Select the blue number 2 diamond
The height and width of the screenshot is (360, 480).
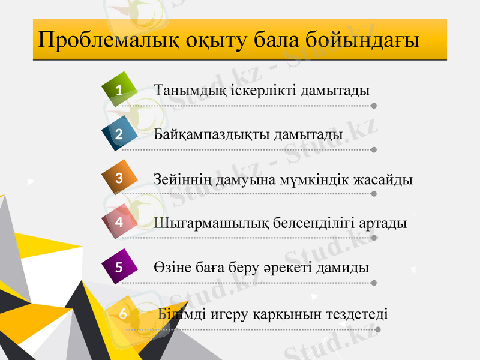tap(119, 133)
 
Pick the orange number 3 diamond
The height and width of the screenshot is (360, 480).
tap(119, 178)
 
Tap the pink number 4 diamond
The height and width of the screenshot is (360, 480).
tap(119, 221)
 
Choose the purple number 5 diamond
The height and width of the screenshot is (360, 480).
tap(119, 266)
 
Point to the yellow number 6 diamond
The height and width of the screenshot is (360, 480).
tap(123, 313)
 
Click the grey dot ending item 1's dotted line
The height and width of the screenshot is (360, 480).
tap(374, 106)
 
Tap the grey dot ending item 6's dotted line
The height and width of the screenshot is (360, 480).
tap(377, 329)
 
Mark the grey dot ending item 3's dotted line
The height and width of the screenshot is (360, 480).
tap(374, 194)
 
